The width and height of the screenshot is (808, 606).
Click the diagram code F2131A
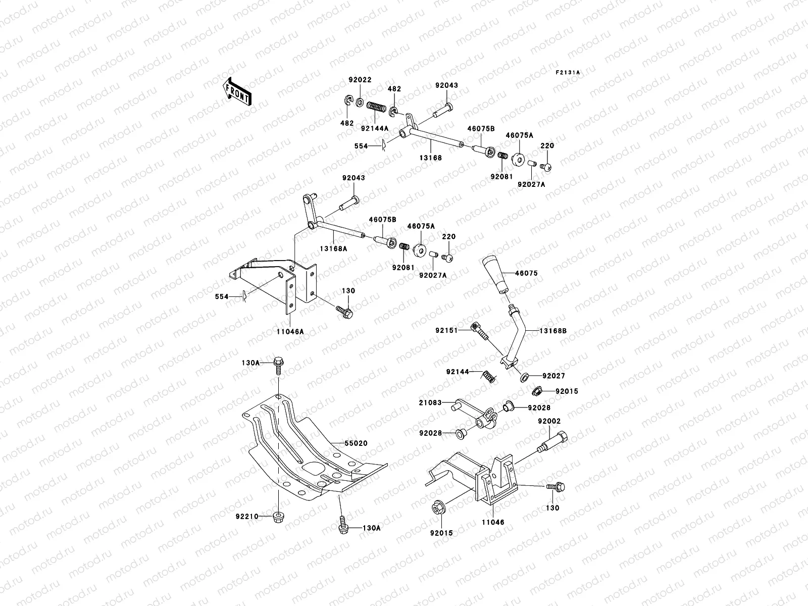click(568, 73)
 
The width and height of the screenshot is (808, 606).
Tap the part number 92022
click(360, 80)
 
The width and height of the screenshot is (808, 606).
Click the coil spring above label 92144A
click(376, 107)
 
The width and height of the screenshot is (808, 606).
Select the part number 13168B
click(553, 331)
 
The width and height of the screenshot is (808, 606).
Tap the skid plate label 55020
click(356, 443)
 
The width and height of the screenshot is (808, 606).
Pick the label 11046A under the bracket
click(290, 332)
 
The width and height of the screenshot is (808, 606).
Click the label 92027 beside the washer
click(553, 376)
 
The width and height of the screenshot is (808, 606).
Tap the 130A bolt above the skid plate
click(278, 364)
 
